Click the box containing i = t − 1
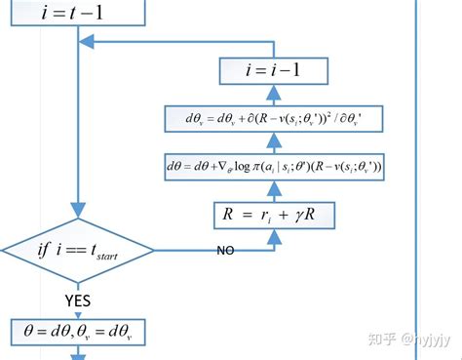tap(73, 12)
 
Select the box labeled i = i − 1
tap(274, 70)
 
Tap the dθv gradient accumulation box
tap(274, 119)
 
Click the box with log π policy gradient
tap(274, 167)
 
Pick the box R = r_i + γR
tap(274, 214)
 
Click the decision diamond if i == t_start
tap(77, 253)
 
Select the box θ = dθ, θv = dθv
tap(77, 334)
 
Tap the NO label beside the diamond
tap(225, 251)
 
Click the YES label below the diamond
tap(77, 299)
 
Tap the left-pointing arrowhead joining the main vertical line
tap(86, 42)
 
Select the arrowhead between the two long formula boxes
tap(274, 142)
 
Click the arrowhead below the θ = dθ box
tap(77, 355)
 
